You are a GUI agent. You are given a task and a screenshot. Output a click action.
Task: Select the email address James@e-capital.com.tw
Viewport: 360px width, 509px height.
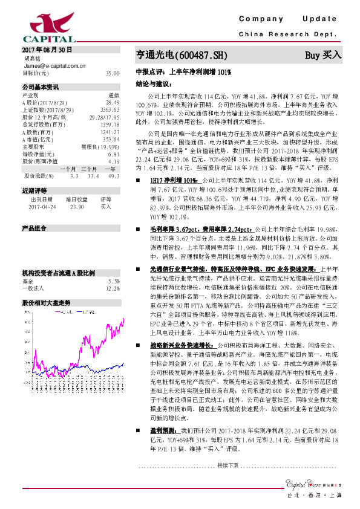point(49,65)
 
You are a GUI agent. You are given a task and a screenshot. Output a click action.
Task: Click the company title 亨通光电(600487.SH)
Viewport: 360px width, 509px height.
point(181,55)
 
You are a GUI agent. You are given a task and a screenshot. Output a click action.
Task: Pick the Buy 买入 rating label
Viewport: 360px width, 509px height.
point(323,55)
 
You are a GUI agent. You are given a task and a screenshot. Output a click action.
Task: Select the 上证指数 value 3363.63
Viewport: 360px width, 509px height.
point(110,109)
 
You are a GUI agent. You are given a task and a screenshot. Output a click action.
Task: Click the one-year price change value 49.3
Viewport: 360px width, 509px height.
point(114,176)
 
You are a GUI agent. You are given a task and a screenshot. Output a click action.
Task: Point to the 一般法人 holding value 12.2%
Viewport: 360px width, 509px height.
point(113,271)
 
